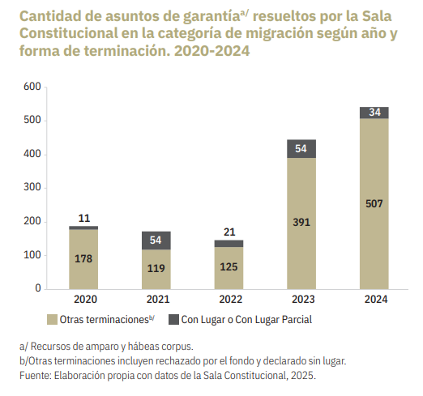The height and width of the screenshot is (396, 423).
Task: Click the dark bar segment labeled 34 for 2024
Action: (374, 113)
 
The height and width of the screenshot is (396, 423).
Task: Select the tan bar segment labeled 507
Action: (374, 204)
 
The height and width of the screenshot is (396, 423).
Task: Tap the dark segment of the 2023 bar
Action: (301, 149)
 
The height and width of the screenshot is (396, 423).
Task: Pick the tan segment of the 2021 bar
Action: (156, 270)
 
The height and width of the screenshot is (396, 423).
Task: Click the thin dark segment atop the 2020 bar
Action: (83, 228)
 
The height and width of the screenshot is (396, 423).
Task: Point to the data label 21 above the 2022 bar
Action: (229, 232)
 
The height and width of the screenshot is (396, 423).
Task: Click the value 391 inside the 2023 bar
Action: (301, 223)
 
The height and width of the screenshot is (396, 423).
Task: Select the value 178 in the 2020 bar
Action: (83, 259)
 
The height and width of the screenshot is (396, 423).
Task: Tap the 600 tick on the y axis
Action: (32, 87)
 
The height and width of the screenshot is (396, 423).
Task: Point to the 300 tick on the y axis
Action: (32, 187)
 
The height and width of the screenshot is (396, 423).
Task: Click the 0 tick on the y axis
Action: (38, 288)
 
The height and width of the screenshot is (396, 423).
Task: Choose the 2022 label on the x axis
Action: (230, 300)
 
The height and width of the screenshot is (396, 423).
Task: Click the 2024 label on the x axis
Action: (376, 300)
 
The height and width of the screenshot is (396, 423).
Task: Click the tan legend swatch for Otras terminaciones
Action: (52, 320)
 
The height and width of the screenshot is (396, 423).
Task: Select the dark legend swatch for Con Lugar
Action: (173, 320)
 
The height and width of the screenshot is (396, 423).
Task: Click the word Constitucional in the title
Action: (69, 33)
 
